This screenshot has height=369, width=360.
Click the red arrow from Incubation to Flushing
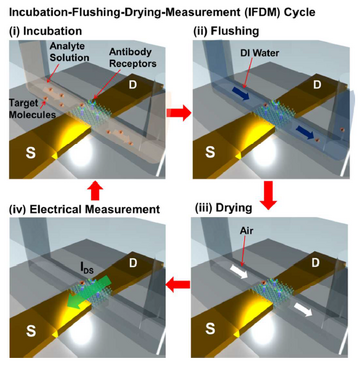click(179, 113)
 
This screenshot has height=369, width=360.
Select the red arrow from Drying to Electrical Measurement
click(178, 285)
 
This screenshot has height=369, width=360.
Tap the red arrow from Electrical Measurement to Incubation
click(95, 191)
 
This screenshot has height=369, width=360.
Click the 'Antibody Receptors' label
click(134, 58)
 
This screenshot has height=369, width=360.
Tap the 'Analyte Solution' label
click(69, 53)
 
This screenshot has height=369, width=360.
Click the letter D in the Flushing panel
click(317, 84)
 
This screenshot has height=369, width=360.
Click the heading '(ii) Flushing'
click(226, 32)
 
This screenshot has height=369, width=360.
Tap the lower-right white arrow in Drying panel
click(304, 311)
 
